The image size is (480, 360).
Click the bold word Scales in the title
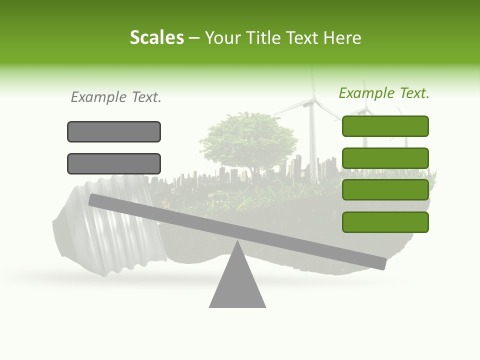[x=156, y=37]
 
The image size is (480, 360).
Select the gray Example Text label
[x=116, y=97]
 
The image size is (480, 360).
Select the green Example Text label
[x=384, y=93]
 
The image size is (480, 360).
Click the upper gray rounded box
[x=114, y=131]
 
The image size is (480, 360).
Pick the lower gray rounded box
[x=114, y=163]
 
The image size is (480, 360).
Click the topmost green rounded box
[x=385, y=126]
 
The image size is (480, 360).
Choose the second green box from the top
[x=385, y=158]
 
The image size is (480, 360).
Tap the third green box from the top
[x=385, y=190]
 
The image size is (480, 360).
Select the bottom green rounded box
[x=385, y=222]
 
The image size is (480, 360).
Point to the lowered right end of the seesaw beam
[x=380, y=263]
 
